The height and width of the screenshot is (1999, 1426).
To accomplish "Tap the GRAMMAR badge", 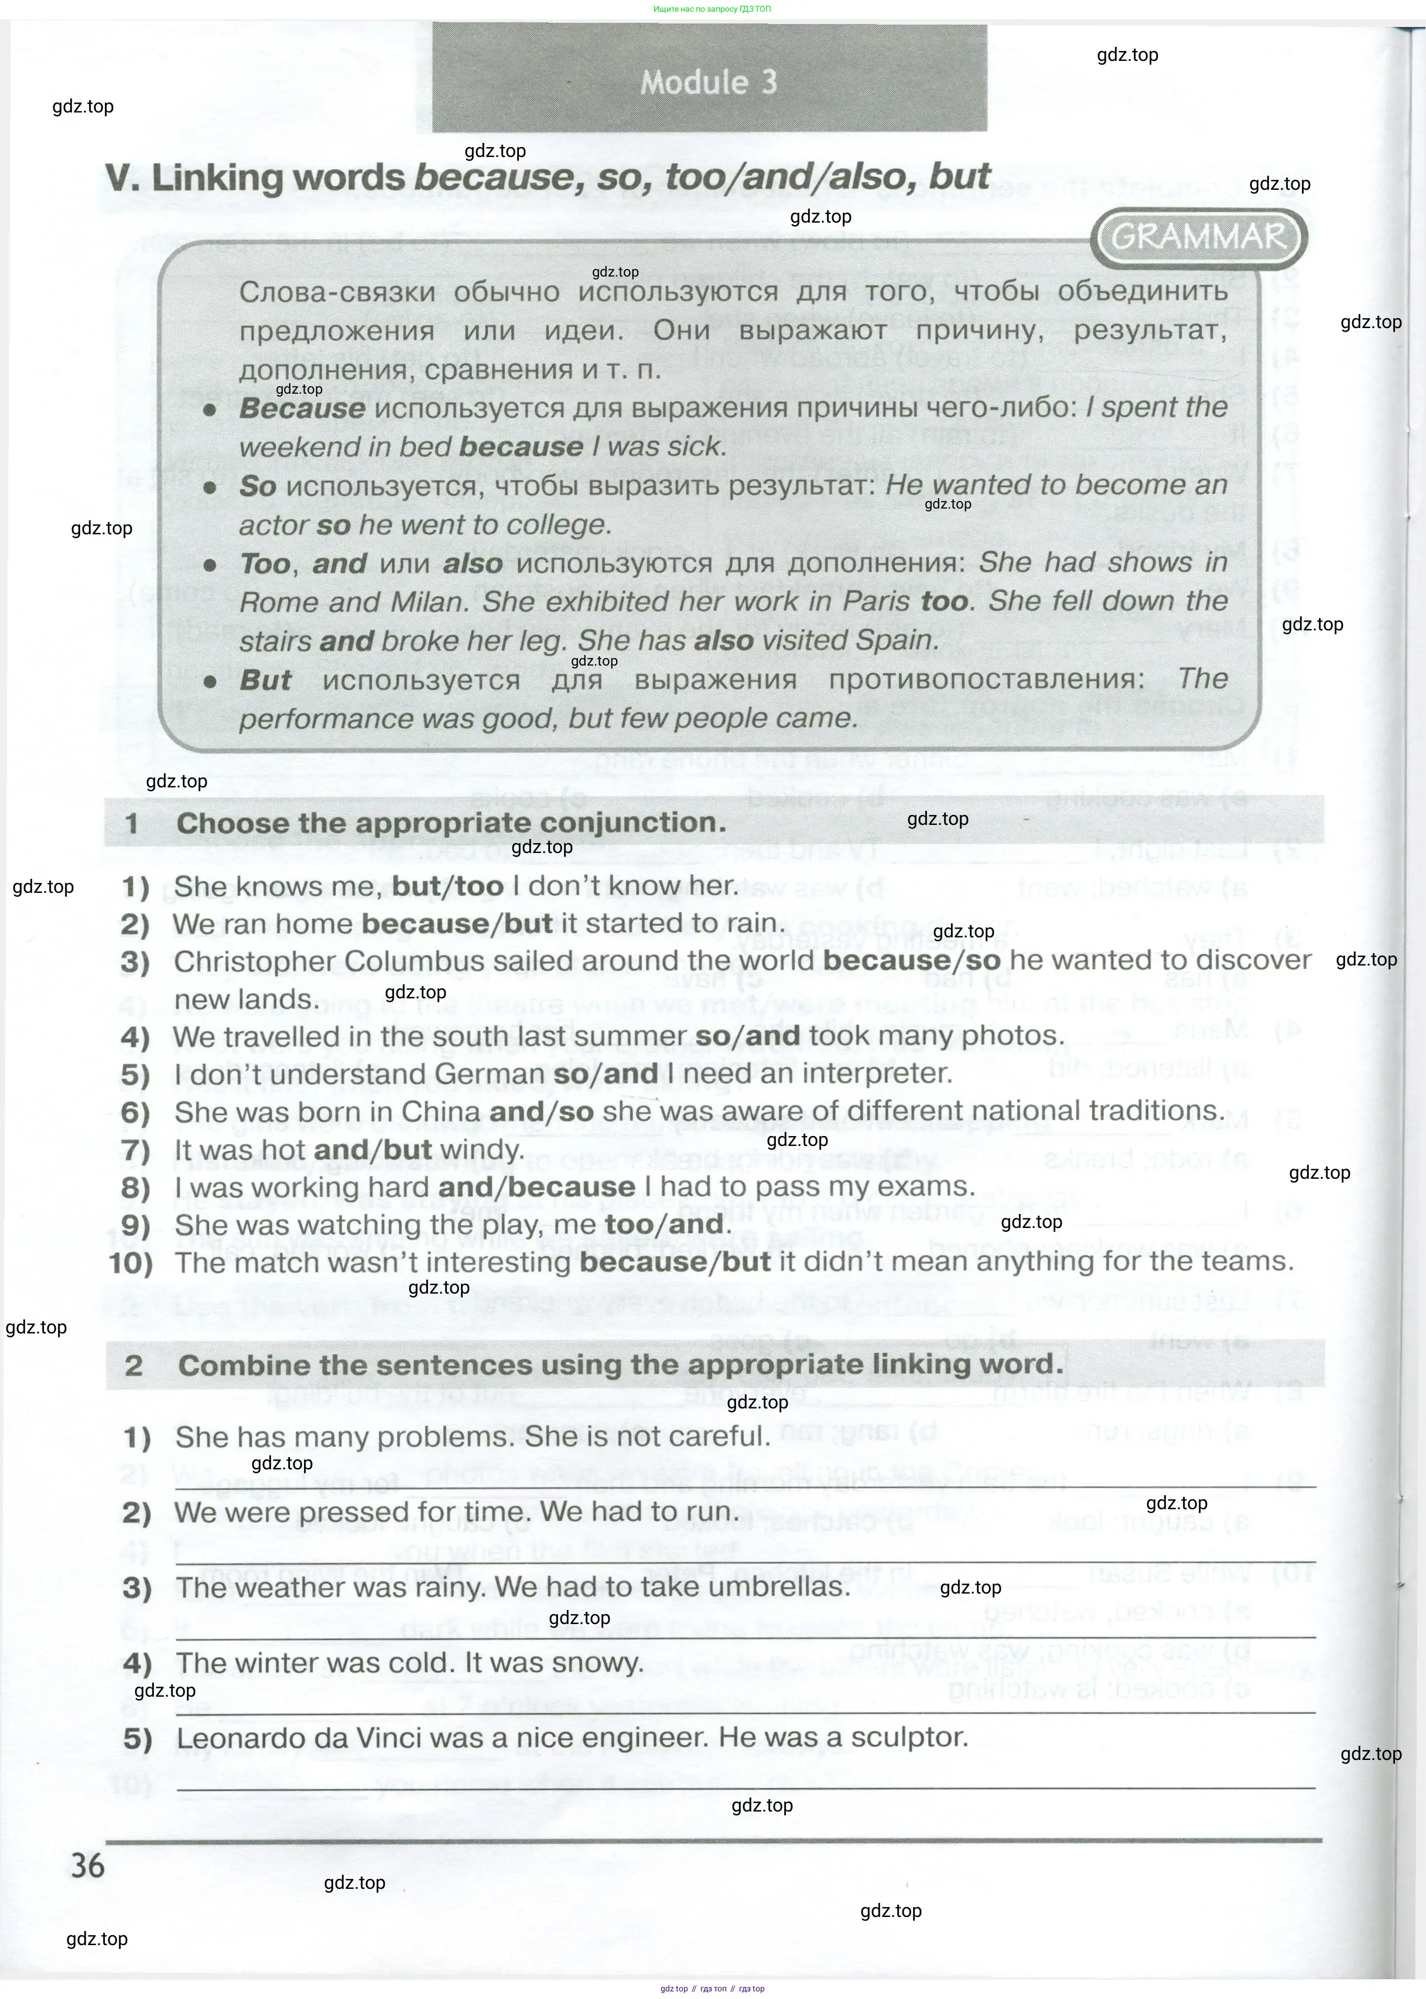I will (1199, 237).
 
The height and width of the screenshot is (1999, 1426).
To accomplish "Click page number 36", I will (88, 1865).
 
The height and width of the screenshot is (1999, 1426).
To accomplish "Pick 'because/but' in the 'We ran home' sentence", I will (457, 923).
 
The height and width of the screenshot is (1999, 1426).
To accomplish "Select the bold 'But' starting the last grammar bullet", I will (265, 680).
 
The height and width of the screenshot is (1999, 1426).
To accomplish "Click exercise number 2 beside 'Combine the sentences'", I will (134, 1365).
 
